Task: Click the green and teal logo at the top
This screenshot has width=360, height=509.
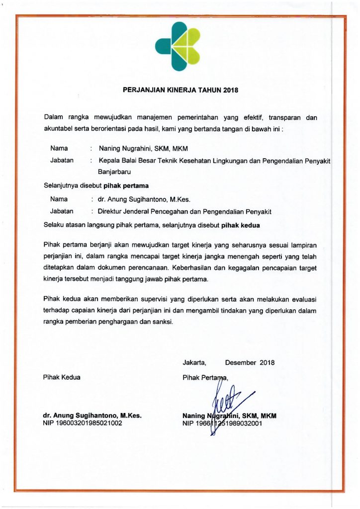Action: click(x=178, y=46)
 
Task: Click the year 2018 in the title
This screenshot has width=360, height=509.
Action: click(x=231, y=90)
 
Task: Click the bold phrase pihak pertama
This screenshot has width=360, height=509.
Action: click(x=126, y=187)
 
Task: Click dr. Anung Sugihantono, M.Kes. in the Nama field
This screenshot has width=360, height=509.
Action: click(x=141, y=199)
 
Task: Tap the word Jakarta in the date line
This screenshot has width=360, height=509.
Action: click(x=194, y=362)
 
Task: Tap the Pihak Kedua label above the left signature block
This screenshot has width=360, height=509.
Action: click(x=62, y=377)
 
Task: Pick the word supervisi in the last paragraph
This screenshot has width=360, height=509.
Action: click(x=153, y=299)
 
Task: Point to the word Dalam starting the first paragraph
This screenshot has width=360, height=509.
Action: click(x=54, y=118)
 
